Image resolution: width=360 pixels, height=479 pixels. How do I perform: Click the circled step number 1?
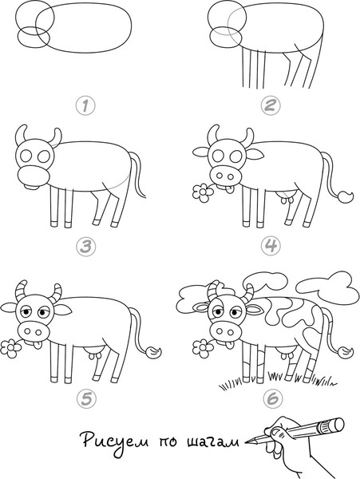pyautogui.click(x=85, y=105)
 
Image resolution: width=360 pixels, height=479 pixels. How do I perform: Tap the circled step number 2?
pyautogui.click(x=271, y=105)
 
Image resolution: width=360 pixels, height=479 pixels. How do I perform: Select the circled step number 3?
pyautogui.click(x=85, y=246)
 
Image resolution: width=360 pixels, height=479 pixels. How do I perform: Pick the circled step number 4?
pyautogui.click(x=271, y=246)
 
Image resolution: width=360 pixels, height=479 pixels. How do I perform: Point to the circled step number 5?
pyautogui.click(x=85, y=398)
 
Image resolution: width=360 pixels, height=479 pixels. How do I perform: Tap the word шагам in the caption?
pyautogui.click(x=213, y=442)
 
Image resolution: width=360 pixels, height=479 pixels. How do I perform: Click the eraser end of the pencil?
pyautogui.click(x=335, y=425)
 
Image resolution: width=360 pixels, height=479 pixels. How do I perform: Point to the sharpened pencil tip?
pyautogui.click(x=247, y=441)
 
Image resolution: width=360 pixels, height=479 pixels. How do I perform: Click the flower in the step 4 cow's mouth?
pyautogui.click(x=203, y=192)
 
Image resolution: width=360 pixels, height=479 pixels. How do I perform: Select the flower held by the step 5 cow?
pyautogui.click(x=10, y=348)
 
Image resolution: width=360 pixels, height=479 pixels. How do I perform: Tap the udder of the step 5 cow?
pyautogui.click(x=95, y=352)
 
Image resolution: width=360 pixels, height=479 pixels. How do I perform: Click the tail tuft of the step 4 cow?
pyautogui.click(x=345, y=196)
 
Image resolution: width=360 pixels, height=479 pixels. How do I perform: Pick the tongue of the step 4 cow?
pyautogui.click(x=230, y=189)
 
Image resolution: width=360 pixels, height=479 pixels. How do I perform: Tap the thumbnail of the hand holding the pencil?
pyautogui.click(x=278, y=432)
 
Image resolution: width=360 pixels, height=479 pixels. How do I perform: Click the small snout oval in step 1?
pyautogui.click(x=34, y=37)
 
